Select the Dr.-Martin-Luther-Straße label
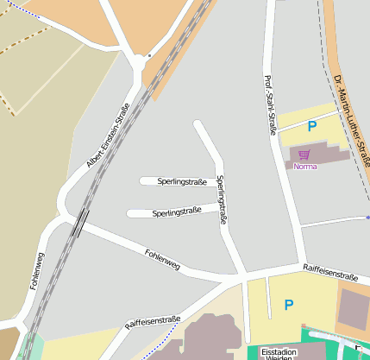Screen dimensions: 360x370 [349, 122]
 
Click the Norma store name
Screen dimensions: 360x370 [304, 166]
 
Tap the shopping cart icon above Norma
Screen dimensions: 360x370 [304, 155]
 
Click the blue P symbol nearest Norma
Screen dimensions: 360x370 [312, 126]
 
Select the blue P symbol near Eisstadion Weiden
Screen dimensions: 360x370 [289, 304]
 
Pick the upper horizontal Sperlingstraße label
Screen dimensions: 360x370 [182, 181]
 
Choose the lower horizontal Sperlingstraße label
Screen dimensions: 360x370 [177, 212]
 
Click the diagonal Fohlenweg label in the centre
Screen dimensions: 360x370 [162, 260]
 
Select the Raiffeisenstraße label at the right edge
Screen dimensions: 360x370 [330, 275]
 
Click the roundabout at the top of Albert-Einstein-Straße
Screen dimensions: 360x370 [139, 62]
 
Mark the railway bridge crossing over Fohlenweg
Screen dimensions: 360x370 [80, 222]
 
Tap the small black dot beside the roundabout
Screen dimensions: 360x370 [149, 55]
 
